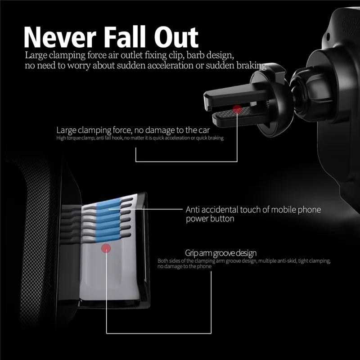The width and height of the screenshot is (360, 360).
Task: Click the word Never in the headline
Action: (60, 37)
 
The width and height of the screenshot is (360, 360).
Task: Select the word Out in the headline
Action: (176, 37)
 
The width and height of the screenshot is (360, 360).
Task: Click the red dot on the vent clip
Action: (237, 109)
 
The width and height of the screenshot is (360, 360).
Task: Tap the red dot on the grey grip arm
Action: (106, 248)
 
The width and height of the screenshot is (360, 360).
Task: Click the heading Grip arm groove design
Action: (220, 253)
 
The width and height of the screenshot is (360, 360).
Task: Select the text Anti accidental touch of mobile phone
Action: (253, 210)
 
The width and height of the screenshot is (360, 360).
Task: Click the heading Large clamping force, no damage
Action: (133, 130)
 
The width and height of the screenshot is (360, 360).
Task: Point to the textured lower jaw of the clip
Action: (239, 117)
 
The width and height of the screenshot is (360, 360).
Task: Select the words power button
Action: (210, 219)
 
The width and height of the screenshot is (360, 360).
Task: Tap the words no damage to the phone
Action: (184, 266)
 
